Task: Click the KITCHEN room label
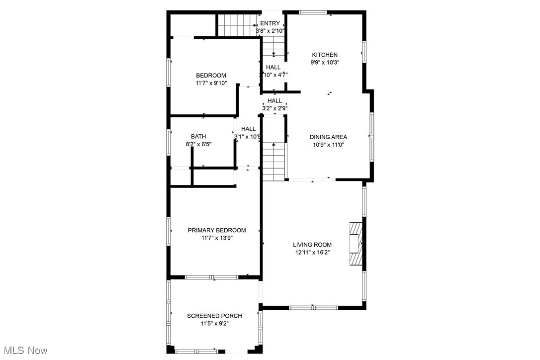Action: (x=325, y=55)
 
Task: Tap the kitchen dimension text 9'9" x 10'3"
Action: (x=325, y=63)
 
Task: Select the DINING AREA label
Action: (x=328, y=137)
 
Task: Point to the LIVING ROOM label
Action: (x=312, y=245)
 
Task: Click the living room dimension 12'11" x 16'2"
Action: (x=312, y=253)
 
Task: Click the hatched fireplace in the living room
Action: (x=355, y=244)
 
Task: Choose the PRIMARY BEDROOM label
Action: (x=216, y=230)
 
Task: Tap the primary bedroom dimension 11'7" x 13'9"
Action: (x=216, y=238)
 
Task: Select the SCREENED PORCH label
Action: (x=214, y=316)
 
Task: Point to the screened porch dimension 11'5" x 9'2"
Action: (x=214, y=324)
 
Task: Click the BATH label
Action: (x=198, y=136)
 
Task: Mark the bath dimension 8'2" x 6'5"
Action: (x=198, y=144)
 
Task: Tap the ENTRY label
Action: (x=270, y=23)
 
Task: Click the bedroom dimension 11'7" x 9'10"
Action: (x=211, y=84)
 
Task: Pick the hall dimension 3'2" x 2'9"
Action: (x=275, y=108)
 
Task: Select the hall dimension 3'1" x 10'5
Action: (x=248, y=137)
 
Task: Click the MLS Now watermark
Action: (x=24, y=351)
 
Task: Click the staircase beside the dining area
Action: (x=272, y=162)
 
